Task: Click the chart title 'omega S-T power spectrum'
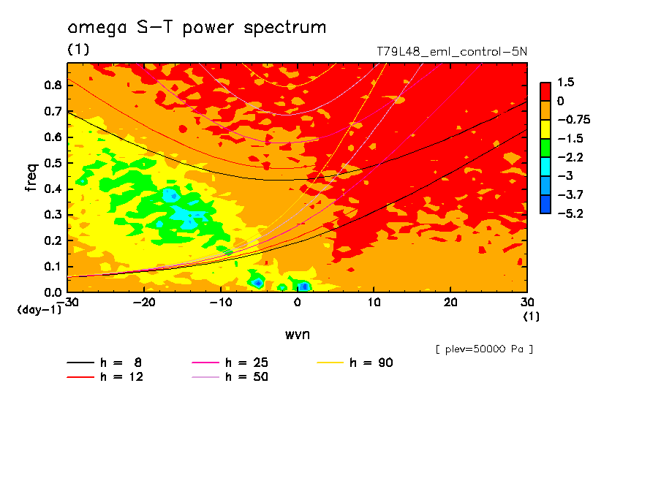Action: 197,28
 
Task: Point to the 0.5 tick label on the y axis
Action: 53,163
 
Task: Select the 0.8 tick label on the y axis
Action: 53,85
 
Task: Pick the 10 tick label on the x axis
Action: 374,303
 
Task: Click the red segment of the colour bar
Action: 545,91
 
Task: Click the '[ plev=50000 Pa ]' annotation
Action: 484,349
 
